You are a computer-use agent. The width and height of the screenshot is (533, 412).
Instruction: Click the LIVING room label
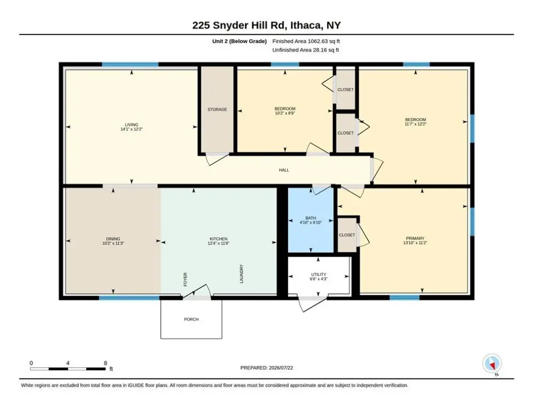click(131, 124)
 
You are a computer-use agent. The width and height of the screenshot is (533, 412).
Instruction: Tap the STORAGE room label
click(217, 109)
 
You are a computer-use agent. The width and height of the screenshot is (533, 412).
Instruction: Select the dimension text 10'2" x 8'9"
click(285, 113)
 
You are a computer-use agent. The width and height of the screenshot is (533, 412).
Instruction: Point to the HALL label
click(284, 170)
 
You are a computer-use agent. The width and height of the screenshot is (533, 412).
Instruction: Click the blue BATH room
click(311, 220)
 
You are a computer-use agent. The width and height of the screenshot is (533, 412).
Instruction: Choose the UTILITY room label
click(319, 275)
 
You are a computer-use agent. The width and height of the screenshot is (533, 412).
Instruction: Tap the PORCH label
click(191, 319)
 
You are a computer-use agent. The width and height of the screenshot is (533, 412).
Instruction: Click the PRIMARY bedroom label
click(415, 238)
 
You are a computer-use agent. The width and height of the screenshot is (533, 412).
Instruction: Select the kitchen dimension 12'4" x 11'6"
click(219, 243)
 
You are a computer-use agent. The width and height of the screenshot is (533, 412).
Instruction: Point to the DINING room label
click(113, 239)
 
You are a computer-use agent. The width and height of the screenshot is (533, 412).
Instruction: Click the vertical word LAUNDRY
click(242, 274)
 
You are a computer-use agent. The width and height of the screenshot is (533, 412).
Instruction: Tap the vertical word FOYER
click(185, 279)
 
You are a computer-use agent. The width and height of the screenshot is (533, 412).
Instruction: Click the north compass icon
click(492, 364)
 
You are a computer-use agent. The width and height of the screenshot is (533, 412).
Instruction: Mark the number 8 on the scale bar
click(106, 363)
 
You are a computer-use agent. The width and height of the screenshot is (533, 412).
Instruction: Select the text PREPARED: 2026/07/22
click(267, 367)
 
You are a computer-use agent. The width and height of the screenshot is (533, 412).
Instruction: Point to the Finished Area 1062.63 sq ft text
click(306, 41)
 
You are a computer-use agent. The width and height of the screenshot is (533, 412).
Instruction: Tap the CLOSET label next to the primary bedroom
click(347, 235)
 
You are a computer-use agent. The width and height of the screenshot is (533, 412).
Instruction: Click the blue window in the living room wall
click(130, 64)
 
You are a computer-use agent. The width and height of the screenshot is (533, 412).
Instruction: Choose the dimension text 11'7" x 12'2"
click(415, 124)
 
